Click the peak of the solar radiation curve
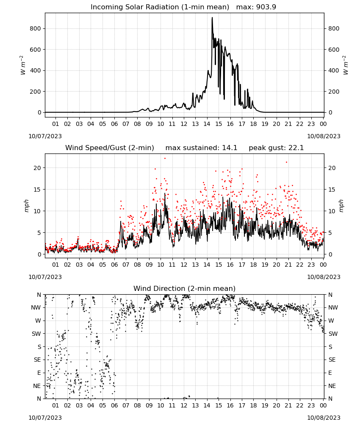click(212, 18)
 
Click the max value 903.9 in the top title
click(266, 7)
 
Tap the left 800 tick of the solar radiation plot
click(36, 28)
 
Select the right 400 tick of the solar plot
click(334, 70)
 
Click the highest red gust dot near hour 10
click(165, 159)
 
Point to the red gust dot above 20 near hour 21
click(287, 162)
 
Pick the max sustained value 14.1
click(230, 148)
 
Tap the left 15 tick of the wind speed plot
click(37, 190)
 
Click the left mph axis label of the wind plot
click(26, 206)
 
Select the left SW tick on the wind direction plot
click(36, 334)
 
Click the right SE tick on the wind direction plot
click(332, 360)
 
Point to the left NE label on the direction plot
click(37, 386)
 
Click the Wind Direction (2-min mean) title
click(185, 288)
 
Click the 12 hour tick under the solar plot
click(184, 124)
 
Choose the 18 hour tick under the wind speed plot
click(253, 265)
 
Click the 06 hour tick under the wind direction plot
click(114, 405)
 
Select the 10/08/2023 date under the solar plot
click(324, 136)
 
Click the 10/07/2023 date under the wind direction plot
click(45, 418)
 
